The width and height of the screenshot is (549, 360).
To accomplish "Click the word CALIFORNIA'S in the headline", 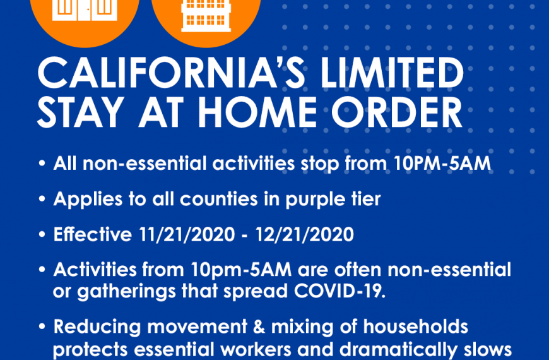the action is [171, 73].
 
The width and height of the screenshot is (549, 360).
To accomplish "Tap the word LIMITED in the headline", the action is [392, 73].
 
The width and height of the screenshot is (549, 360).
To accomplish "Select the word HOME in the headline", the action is [257, 113].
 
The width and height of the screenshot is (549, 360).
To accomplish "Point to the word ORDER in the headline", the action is [396, 113].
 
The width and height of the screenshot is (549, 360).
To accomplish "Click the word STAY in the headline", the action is [80, 113].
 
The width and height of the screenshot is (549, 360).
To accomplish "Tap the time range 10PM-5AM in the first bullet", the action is [442, 164].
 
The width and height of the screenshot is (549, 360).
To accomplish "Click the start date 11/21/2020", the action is [187, 234].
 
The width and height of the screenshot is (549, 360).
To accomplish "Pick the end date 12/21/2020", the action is [305, 234].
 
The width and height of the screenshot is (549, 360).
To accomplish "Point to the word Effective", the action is [92, 234].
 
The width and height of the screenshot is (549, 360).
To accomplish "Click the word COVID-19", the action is [339, 291].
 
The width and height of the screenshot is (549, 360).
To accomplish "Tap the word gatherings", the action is [126, 292].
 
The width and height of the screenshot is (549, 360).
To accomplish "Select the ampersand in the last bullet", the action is [259, 327].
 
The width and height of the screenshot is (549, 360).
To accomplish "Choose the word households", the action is [416, 327].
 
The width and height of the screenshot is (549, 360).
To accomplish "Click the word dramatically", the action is [398, 350].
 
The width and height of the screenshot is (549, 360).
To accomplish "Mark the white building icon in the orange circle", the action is [206, 15].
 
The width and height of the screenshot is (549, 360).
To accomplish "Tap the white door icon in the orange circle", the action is [85, 10].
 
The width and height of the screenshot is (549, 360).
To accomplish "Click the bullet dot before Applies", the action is [42, 199].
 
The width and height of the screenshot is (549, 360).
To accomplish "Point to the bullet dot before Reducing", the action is [42, 327].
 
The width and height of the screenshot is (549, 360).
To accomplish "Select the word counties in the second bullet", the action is [219, 199].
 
